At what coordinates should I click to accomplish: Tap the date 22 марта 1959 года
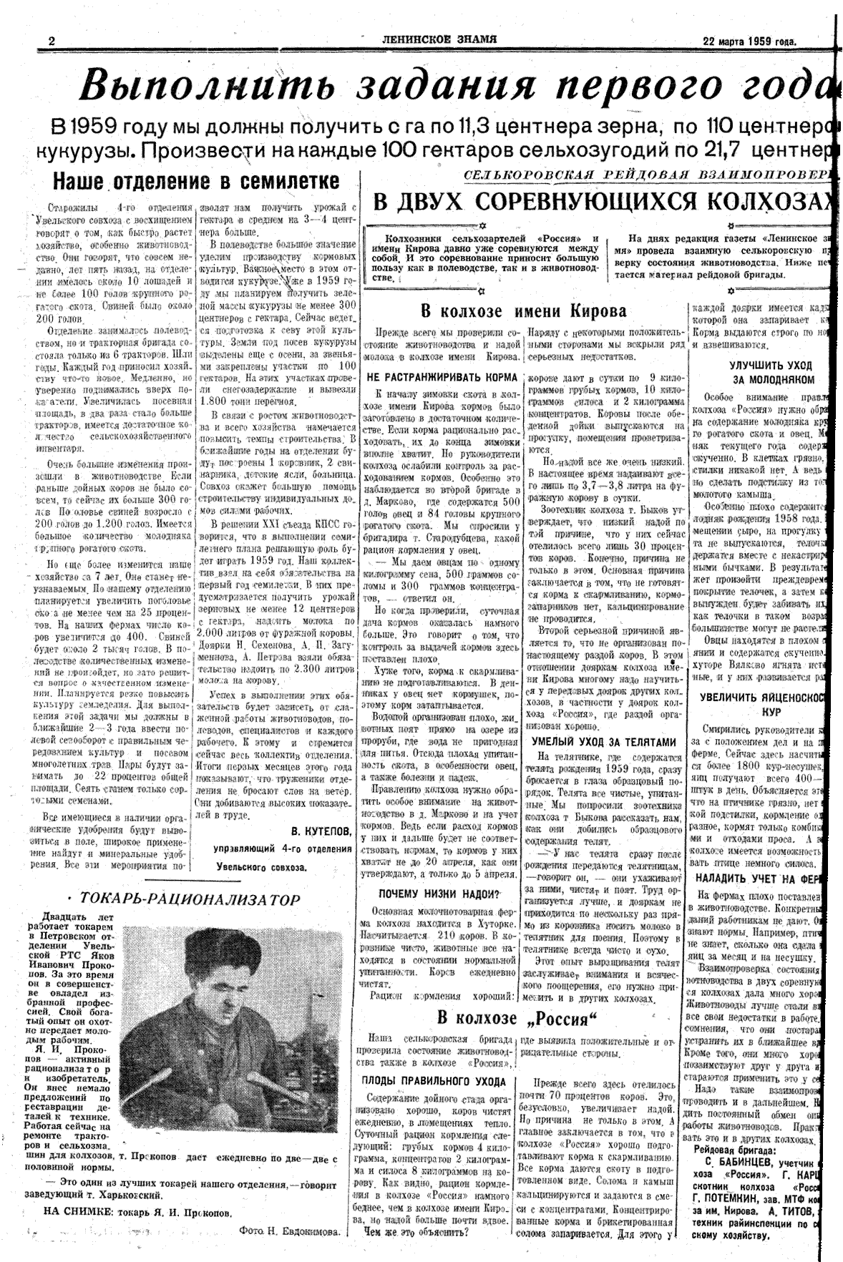point(749,41)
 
